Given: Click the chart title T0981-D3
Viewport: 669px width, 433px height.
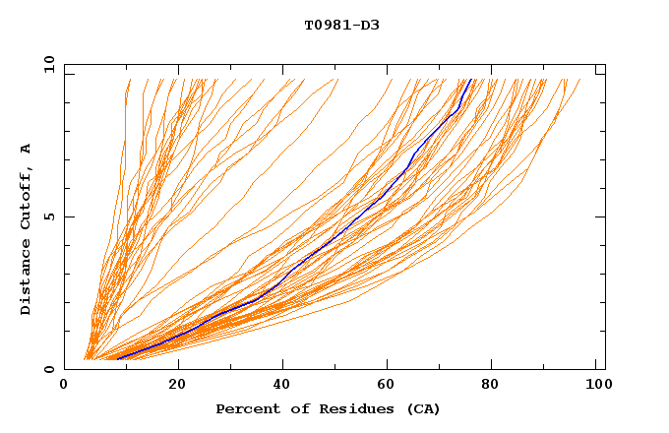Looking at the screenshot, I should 341,25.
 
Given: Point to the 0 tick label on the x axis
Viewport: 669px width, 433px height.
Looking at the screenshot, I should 64,383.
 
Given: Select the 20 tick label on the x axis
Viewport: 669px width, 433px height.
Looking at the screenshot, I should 178,383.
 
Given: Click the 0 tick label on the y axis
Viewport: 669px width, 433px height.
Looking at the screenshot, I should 49,369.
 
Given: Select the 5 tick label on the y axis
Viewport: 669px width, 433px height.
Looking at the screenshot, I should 49,216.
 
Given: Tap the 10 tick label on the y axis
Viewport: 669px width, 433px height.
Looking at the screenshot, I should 47,65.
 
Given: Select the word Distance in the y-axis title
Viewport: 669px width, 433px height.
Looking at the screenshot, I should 27,278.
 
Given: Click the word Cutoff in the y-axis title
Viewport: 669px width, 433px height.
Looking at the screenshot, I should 27,198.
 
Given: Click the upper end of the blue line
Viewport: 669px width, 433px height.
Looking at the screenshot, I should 471,80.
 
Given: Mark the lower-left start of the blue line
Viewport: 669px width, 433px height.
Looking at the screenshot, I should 117,358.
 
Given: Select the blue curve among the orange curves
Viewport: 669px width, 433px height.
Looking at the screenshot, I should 334,236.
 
